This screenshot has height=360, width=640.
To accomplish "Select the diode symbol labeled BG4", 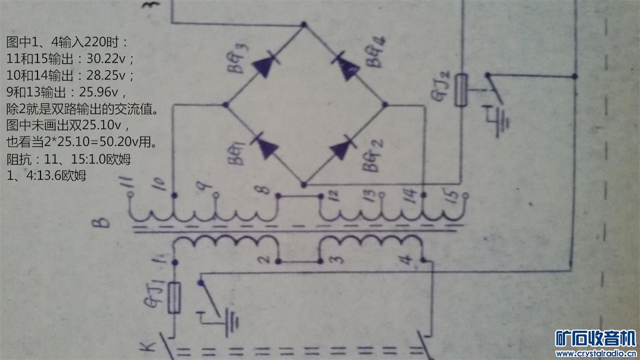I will pos(346,65).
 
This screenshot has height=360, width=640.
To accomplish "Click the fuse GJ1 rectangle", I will pos(175,298).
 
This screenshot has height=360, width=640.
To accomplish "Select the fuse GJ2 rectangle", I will pos(460,90).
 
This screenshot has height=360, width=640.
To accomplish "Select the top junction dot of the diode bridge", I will pos(304,24).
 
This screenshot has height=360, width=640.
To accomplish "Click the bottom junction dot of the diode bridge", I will pos(304,185).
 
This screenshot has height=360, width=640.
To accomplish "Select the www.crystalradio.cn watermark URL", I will pos(595,353).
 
